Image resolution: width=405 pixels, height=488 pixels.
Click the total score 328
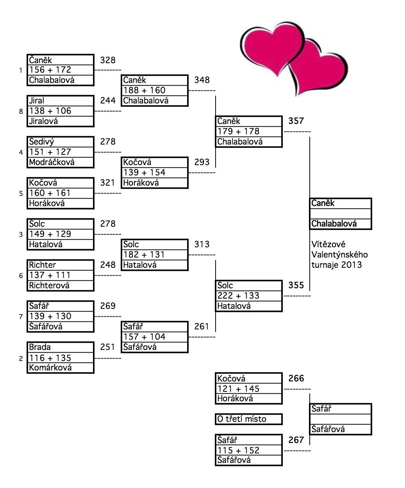(x=108, y=60)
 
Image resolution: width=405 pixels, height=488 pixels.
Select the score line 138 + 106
(x=50, y=111)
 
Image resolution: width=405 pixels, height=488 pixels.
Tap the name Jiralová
(x=44, y=121)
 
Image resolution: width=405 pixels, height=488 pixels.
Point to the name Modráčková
(x=52, y=162)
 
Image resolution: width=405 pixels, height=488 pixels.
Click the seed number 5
(x=21, y=194)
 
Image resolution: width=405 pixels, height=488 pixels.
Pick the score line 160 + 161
(x=50, y=193)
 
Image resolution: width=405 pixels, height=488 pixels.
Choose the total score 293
(x=202, y=162)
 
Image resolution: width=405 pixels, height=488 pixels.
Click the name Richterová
(x=49, y=286)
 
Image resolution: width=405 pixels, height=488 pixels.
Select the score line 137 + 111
(x=50, y=275)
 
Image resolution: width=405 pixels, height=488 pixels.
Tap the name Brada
(x=40, y=347)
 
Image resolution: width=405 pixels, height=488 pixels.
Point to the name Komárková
(x=50, y=368)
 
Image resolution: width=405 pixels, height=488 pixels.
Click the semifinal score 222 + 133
(x=238, y=296)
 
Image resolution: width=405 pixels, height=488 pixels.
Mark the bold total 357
(x=296, y=121)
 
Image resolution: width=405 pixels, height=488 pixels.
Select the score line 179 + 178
(x=238, y=132)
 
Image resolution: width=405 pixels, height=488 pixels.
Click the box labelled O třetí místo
(x=248, y=419)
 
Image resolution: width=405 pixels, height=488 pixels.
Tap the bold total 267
(x=296, y=440)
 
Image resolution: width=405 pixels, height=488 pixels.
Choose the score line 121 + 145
(x=238, y=389)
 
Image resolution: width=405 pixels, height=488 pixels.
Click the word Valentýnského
(x=339, y=254)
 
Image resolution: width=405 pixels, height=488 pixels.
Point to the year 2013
(x=351, y=265)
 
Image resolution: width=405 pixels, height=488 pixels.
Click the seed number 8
(x=21, y=112)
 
